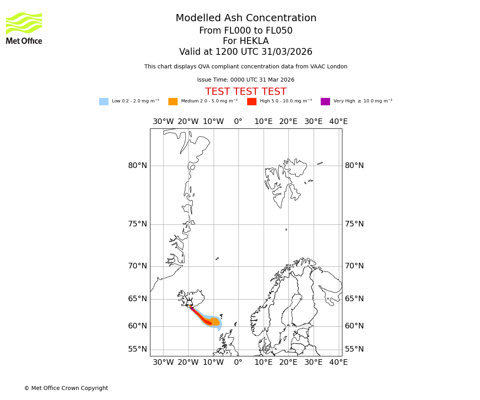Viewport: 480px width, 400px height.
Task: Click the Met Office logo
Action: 24,28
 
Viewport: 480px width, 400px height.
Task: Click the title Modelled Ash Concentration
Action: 246,18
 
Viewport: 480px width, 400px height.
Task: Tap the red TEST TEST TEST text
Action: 246,92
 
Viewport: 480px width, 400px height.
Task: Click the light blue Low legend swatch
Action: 104,102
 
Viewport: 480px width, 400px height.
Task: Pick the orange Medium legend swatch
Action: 173,102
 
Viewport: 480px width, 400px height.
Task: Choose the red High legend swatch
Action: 252,102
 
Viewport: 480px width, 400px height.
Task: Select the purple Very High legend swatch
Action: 325,102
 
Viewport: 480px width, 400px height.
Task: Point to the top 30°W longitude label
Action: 163,122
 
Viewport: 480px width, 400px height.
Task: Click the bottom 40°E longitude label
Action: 338,362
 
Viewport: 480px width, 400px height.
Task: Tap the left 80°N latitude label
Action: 138,166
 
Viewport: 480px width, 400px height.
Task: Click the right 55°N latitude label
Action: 354,349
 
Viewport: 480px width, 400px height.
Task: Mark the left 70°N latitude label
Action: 138,266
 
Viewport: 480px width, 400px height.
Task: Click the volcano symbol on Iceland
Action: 189,302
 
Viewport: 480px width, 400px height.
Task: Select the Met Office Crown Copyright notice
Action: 66,388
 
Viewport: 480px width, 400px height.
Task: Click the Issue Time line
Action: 246,80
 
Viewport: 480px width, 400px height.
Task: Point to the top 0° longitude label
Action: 238,122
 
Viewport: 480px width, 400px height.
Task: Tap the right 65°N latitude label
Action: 354,299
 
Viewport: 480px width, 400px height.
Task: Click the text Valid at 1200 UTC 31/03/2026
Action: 246,52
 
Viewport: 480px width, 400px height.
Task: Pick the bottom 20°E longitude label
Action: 288,362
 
